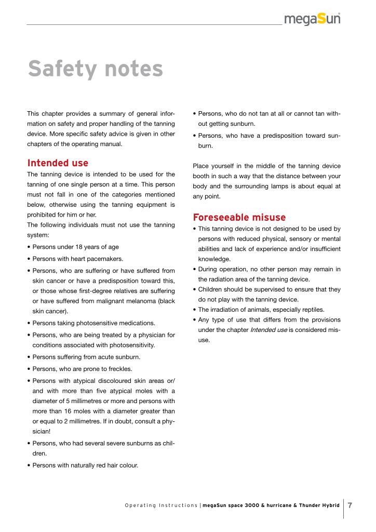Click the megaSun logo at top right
click(312, 19)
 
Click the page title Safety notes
click(95, 69)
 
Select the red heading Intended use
click(58, 163)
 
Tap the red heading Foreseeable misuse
click(239, 217)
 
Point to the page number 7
click(350, 505)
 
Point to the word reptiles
click(310, 310)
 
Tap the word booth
click(200, 176)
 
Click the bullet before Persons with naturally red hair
click(29, 465)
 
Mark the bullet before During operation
click(194, 269)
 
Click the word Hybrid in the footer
click(330, 506)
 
